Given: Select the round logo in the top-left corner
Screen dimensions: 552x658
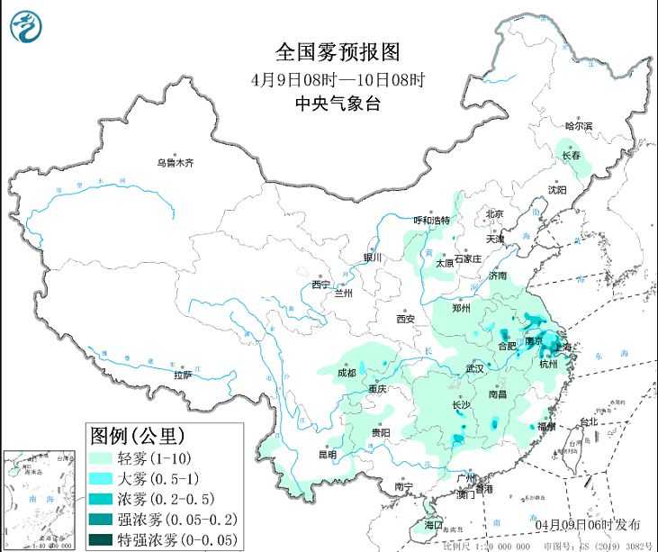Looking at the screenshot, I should [27, 26].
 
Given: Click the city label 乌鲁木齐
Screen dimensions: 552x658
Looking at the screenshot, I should [175, 163].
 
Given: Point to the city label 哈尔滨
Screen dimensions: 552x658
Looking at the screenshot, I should [578, 127].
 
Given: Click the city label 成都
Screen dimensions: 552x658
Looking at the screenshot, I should [346, 373].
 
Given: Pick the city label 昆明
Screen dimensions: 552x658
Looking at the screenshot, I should [326, 455].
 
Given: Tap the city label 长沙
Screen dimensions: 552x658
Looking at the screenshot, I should [460, 405].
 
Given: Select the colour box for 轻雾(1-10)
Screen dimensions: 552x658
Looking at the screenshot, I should [101, 459].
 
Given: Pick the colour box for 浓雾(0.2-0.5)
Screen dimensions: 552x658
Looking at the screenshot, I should [101, 499].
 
